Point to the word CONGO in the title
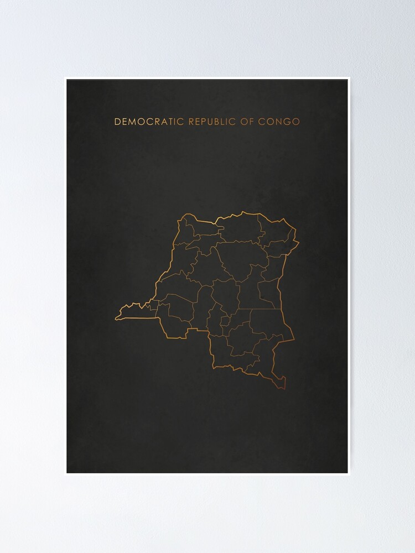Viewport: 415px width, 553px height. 279,121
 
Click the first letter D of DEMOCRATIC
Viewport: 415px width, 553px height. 117,121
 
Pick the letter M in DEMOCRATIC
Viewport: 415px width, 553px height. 133,121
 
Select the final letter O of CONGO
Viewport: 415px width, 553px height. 295,121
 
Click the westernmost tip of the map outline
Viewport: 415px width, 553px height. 116,319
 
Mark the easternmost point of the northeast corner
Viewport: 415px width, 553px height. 299,242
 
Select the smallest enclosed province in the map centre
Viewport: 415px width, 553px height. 224,321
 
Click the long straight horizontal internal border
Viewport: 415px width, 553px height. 257,309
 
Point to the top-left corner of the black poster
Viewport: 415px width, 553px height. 67,80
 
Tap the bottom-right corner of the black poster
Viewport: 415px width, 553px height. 348,473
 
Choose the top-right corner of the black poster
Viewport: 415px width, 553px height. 348,80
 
